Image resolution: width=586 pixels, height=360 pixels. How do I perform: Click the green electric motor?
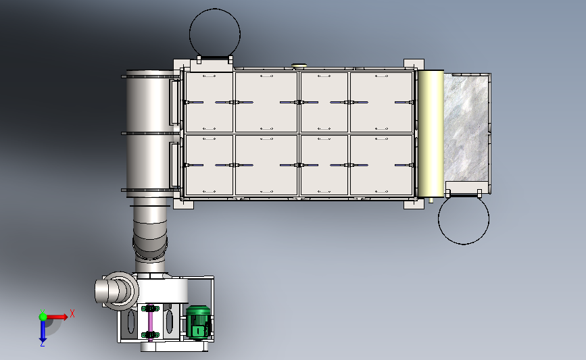[199, 323]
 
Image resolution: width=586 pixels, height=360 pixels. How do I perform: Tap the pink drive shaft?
[150, 322]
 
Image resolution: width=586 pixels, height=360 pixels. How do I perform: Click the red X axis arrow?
[56, 317]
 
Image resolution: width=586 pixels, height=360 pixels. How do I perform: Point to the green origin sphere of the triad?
[43, 317]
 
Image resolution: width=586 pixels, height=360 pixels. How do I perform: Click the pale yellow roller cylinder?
[431, 133]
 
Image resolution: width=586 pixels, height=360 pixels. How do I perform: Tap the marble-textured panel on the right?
[467, 127]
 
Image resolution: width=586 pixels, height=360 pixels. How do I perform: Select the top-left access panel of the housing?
[209, 102]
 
